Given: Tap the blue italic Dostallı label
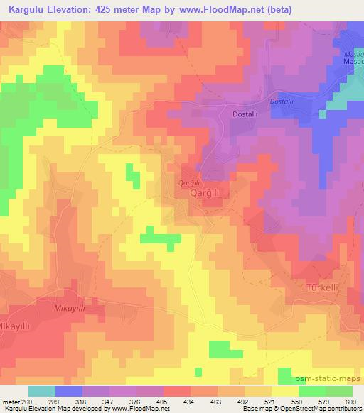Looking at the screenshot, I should (282, 102).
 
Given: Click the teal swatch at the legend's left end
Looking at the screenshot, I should (42, 391).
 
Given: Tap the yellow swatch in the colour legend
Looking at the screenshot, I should (284, 391).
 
